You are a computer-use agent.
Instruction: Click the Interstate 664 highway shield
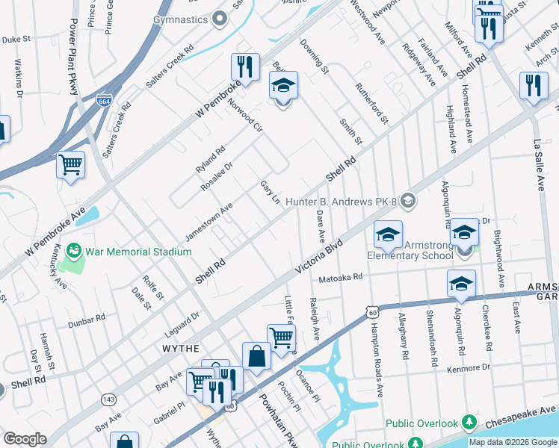click(105, 99)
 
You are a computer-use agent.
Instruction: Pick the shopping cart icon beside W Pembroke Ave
click(70, 164)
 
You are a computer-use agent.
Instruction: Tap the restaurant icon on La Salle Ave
click(533, 85)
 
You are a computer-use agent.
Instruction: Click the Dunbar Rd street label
click(85, 320)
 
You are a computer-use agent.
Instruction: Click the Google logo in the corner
click(24, 439)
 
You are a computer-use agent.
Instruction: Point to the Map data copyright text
click(512, 442)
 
